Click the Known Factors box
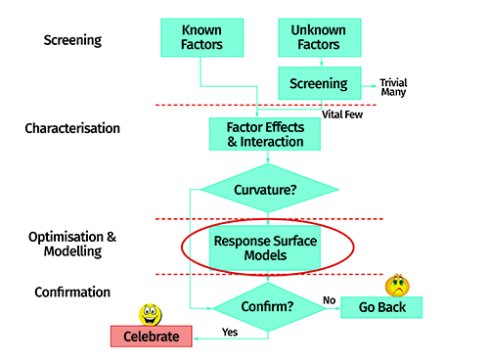click(202, 37)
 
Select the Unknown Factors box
click(320, 37)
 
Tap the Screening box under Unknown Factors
click(320, 83)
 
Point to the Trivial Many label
click(393, 87)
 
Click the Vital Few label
click(342, 114)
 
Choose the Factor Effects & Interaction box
click(265, 134)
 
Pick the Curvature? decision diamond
click(270, 189)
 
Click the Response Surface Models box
click(265, 247)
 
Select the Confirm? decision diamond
click(269, 307)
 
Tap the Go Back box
click(381, 307)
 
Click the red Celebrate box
click(152, 337)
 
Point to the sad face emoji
click(397, 285)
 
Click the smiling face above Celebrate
click(151, 315)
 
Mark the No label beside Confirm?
click(330, 300)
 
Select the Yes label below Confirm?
click(230, 332)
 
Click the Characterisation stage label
click(72, 128)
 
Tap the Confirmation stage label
click(72, 292)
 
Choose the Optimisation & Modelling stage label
click(72, 244)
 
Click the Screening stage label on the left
click(72, 40)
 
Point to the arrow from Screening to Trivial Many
click(369, 86)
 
